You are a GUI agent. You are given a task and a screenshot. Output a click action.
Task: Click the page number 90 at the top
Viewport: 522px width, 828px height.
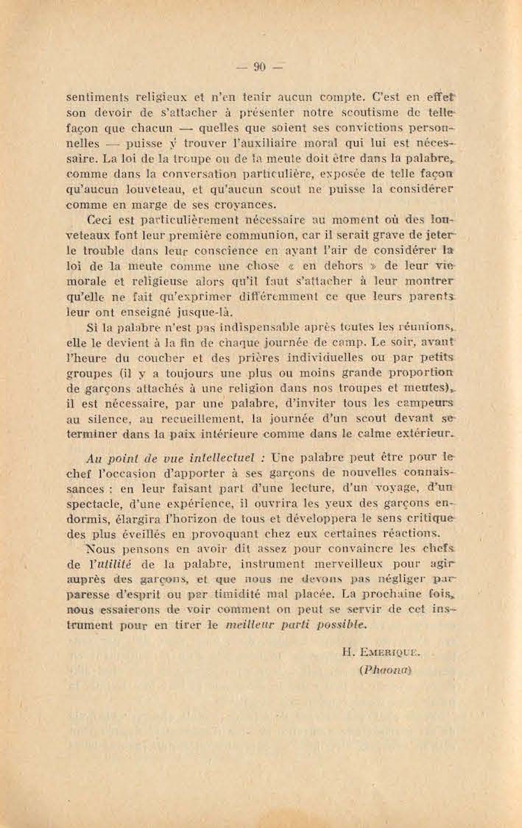click(259, 67)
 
